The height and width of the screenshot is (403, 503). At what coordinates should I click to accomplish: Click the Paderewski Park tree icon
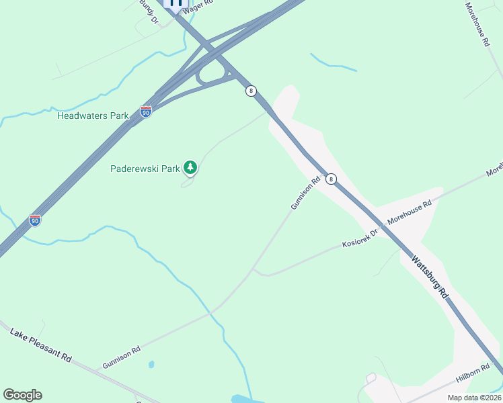(x=190, y=167)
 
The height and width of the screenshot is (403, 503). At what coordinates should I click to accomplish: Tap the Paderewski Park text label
(x=145, y=168)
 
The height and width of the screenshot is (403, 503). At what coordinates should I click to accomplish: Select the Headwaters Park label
(x=93, y=116)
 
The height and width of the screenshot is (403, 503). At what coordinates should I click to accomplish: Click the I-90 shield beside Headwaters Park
(x=146, y=111)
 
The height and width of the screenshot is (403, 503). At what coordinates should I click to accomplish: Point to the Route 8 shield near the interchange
(x=251, y=91)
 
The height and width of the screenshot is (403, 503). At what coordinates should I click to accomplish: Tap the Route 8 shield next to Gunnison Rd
(x=331, y=179)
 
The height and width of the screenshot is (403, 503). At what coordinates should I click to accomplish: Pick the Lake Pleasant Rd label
(x=41, y=345)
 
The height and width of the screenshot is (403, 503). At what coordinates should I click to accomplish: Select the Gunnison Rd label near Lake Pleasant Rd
(x=122, y=357)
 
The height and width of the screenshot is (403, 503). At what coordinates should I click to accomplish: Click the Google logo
(x=22, y=395)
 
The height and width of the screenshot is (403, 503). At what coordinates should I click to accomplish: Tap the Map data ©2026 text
(x=473, y=398)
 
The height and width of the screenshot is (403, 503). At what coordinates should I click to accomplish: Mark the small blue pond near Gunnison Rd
(x=151, y=365)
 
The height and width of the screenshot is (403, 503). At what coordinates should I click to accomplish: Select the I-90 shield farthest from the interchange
(x=35, y=220)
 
